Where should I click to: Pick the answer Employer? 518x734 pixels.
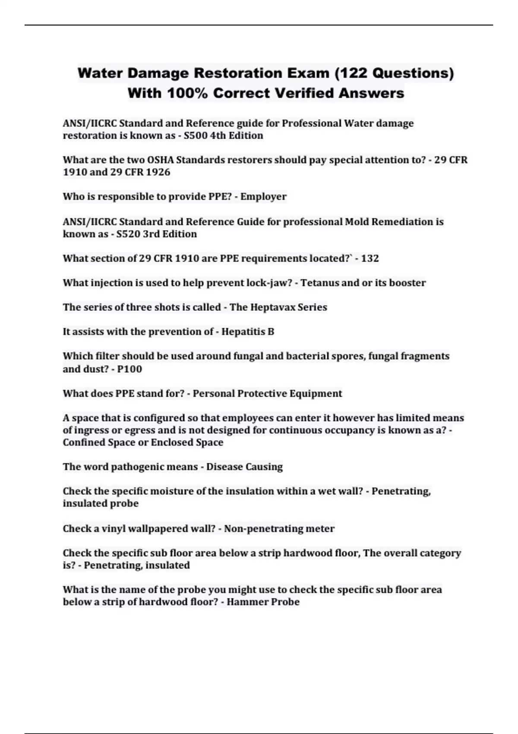click(263, 197)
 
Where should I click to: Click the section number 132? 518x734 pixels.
click(370, 259)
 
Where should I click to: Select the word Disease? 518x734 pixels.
click(224, 467)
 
